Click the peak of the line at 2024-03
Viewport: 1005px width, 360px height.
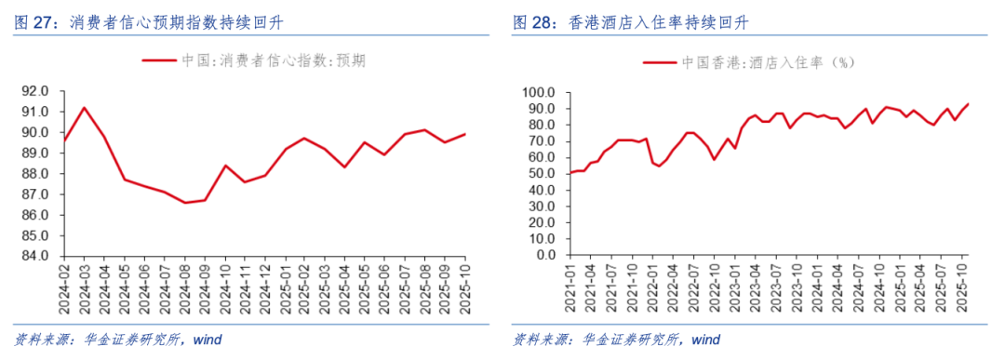click(84, 107)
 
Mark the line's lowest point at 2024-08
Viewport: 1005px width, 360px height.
click(185, 203)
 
